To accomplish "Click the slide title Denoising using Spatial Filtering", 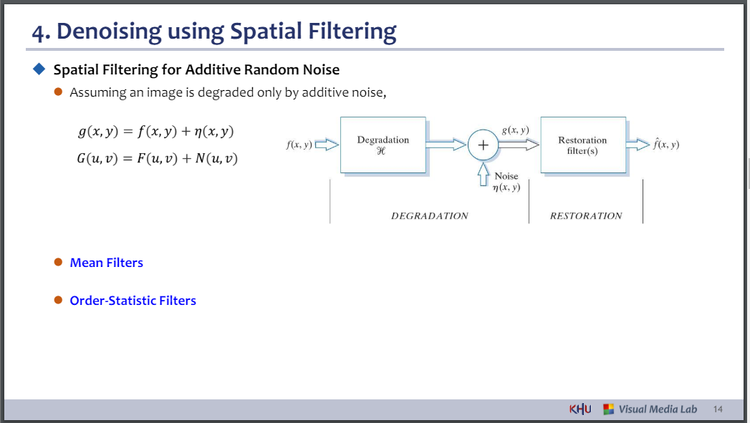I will tap(214, 31).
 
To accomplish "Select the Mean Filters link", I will tap(106, 263).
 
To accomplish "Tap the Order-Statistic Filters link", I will tap(133, 301).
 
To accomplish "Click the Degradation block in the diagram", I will tap(383, 145).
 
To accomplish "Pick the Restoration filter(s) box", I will tap(582, 145).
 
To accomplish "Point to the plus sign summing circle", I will tap(483, 145).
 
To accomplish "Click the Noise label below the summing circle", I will tap(506, 176).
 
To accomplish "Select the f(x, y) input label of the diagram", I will tap(298, 145).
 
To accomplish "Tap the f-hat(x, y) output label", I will tap(665, 145).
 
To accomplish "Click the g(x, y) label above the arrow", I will tap(515, 130).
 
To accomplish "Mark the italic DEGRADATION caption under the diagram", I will tap(429, 215).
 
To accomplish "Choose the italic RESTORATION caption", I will tap(586, 215).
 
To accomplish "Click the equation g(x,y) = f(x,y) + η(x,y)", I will tap(156, 132).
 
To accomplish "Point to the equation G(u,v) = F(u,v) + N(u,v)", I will tap(157, 158).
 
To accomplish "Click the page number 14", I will tap(718, 409).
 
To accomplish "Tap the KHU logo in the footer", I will tap(580, 409).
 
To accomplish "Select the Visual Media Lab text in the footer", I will tap(657, 409).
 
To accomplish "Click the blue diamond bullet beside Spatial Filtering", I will tap(39, 69).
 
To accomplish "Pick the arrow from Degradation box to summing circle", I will tap(446, 145).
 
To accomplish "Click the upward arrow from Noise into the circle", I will tap(483, 173).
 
